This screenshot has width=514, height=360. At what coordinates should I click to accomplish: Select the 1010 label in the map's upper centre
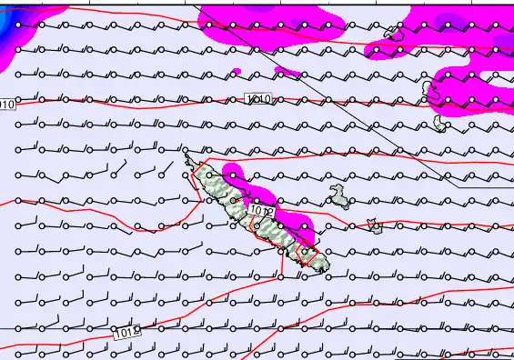[x=257, y=97]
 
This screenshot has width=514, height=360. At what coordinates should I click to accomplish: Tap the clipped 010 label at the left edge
[x=7, y=105]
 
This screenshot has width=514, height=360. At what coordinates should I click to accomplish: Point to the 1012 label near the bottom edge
[x=127, y=334]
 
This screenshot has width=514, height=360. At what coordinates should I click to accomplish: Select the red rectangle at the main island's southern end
[x=308, y=256]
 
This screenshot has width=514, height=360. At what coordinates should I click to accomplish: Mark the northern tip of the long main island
[x=188, y=158]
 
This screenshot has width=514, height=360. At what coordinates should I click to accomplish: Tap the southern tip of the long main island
[x=317, y=269]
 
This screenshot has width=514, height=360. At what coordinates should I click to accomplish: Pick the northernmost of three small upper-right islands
[x=393, y=33]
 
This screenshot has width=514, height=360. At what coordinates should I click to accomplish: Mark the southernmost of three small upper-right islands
[x=440, y=121]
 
